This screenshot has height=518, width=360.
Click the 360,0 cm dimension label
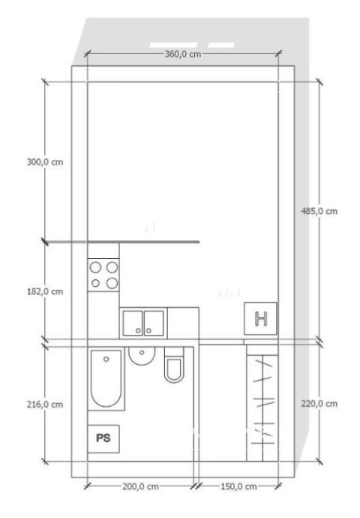pos(183,54)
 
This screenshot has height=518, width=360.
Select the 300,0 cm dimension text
pos(45,162)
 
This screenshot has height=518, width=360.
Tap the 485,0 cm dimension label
pos(319,211)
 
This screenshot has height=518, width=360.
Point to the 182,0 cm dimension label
pos(45,292)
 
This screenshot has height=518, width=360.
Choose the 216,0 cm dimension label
pos(45,405)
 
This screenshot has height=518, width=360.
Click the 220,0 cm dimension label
pos(319,404)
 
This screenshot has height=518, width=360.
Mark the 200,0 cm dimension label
pos(140,486)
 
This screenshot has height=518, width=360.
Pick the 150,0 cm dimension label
pos(239,486)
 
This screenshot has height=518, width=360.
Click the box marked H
pos(261,318)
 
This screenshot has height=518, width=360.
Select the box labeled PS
pos(103,438)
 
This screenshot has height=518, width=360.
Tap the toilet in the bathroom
pos(174,365)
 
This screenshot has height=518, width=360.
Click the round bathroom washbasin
pos(142,356)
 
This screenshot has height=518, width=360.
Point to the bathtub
pos(106,378)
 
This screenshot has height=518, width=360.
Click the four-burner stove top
pos(103,275)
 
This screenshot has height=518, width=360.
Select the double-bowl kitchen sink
pos(143,323)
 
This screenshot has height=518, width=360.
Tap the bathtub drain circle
pos(106,359)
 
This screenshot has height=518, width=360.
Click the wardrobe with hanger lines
pos(262,403)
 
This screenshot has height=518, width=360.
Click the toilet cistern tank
pos(174,352)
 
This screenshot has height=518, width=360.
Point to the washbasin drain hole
pos(142,353)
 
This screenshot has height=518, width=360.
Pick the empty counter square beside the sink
pos(183,323)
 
